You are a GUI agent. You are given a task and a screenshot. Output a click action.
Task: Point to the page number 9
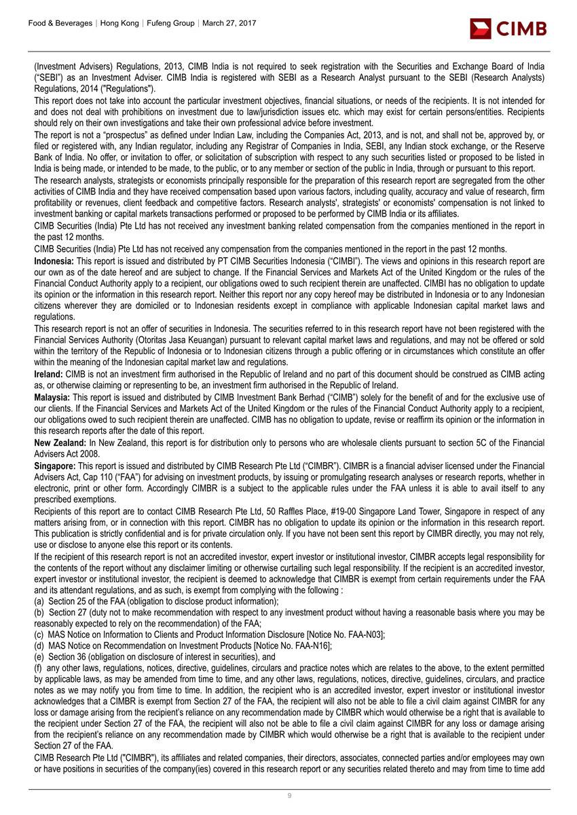coord(289,796)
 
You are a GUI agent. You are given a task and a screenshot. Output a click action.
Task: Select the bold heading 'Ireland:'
coord(49,374)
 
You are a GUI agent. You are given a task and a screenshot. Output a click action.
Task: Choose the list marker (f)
coord(39,668)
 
